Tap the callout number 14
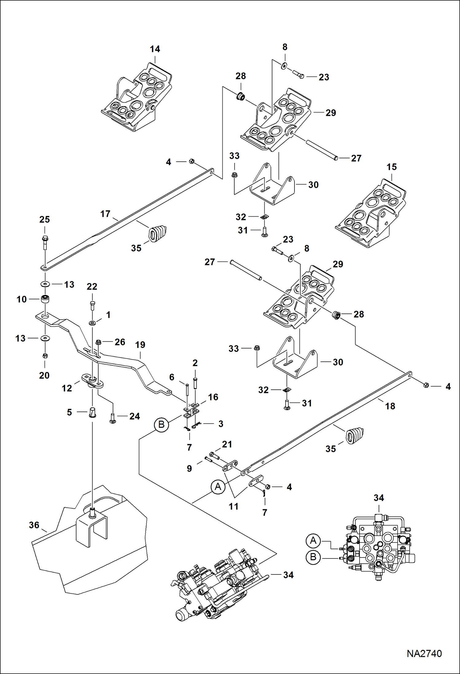tap(155, 49)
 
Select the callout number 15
tap(392, 167)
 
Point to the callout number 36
tap(34, 525)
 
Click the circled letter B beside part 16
tap(161, 425)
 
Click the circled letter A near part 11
tap(218, 487)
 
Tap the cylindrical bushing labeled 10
tap(45, 299)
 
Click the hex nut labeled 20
tap(45, 356)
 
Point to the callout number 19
tap(140, 345)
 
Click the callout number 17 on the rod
tap(105, 214)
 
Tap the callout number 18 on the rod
tap(390, 406)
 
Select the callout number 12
tap(67, 388)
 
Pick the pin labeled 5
tap(92, 412)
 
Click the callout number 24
tap(134, 416)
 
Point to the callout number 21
tap(227, 444)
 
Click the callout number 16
tap(213, 397)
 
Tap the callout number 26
tap(120, 342)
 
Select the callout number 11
tap(233, 506)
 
